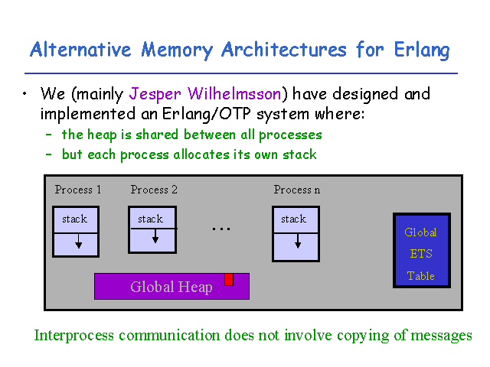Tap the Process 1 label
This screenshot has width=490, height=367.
pyautogui.click(x=78, y=190)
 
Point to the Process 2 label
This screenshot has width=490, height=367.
pyautogui.click(x=154, y=190)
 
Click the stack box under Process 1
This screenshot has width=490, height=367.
pyautogui.click(x=76, y=231)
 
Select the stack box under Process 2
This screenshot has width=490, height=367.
pyautogui.click(x=152, y=230)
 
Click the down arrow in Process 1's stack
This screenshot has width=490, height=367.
pyautogui.click(x=78, y=242)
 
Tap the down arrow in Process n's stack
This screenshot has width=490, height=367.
pyautogui.click(x=297, y=242)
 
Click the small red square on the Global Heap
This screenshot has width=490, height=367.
pyautogui.click(x=228, y=279)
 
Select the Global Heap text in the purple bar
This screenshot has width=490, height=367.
pyautogui.click(x=171, y=287)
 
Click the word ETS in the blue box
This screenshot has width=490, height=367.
pyautogui.click(x=420, y=254)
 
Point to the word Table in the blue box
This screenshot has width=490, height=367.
pyautogui.click(x=420, y=276)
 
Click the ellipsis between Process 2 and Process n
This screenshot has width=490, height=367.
pyautogui.click(x=221, y=228)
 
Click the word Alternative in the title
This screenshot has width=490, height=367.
pyautogui.click(x=80, y=50)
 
